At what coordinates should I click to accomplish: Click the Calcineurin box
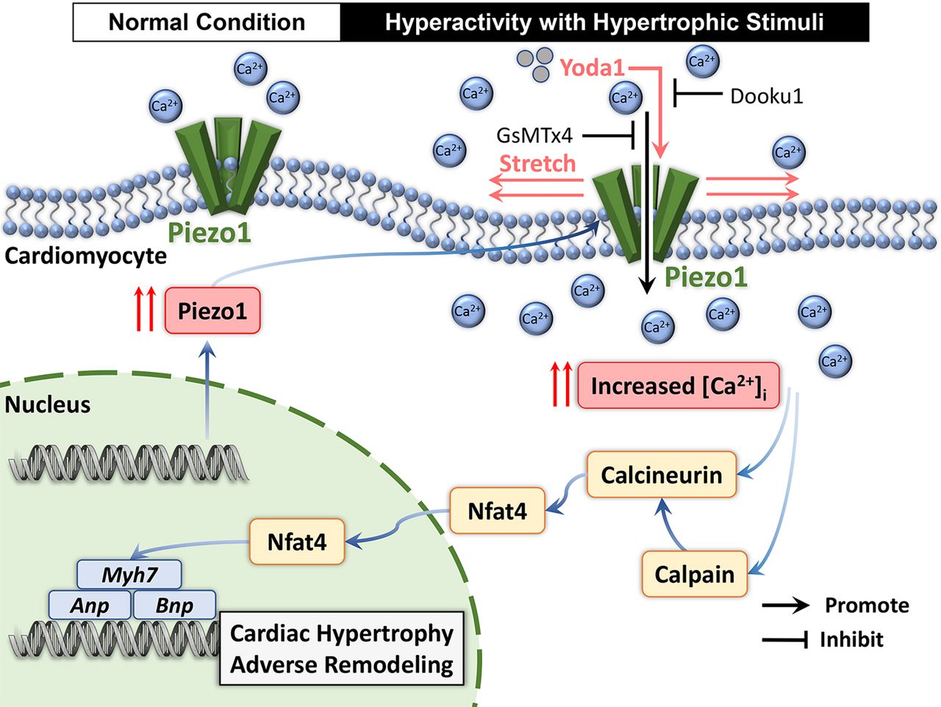pos(662,475)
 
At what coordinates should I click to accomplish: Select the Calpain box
pos(695,574)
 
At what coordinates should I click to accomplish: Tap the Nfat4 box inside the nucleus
pos(297,542)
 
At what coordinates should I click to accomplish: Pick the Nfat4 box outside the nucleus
pos(497,511)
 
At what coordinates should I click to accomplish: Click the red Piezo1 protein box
pos(212,311)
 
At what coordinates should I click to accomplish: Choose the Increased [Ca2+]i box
pos(678,386)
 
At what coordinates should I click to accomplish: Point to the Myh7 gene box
pos(129,574)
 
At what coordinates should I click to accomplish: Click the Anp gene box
pos(90,605)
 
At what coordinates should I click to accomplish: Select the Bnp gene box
pos(174,605)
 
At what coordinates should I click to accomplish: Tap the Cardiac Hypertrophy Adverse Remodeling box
pos(342,649)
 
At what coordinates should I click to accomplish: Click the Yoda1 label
pos(592,68)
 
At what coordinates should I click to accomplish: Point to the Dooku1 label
pos(766,96)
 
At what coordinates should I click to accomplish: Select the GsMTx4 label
pos(534,135)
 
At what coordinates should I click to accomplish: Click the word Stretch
pos(537,163)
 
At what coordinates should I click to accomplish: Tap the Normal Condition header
pos(207,22)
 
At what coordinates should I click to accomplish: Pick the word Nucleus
pos(48,404)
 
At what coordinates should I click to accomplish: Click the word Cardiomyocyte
pos(86,256)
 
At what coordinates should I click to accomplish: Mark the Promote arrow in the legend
pos(785,606)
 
